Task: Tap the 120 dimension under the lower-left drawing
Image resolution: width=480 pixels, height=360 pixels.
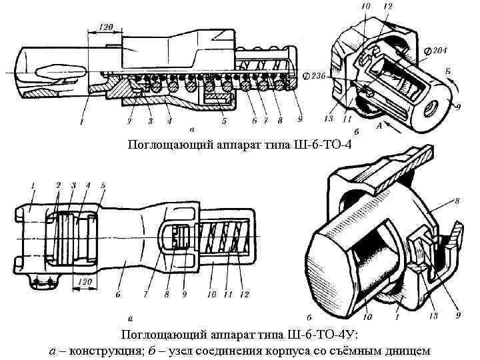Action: pyautogui.click(x=84, y=283)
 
